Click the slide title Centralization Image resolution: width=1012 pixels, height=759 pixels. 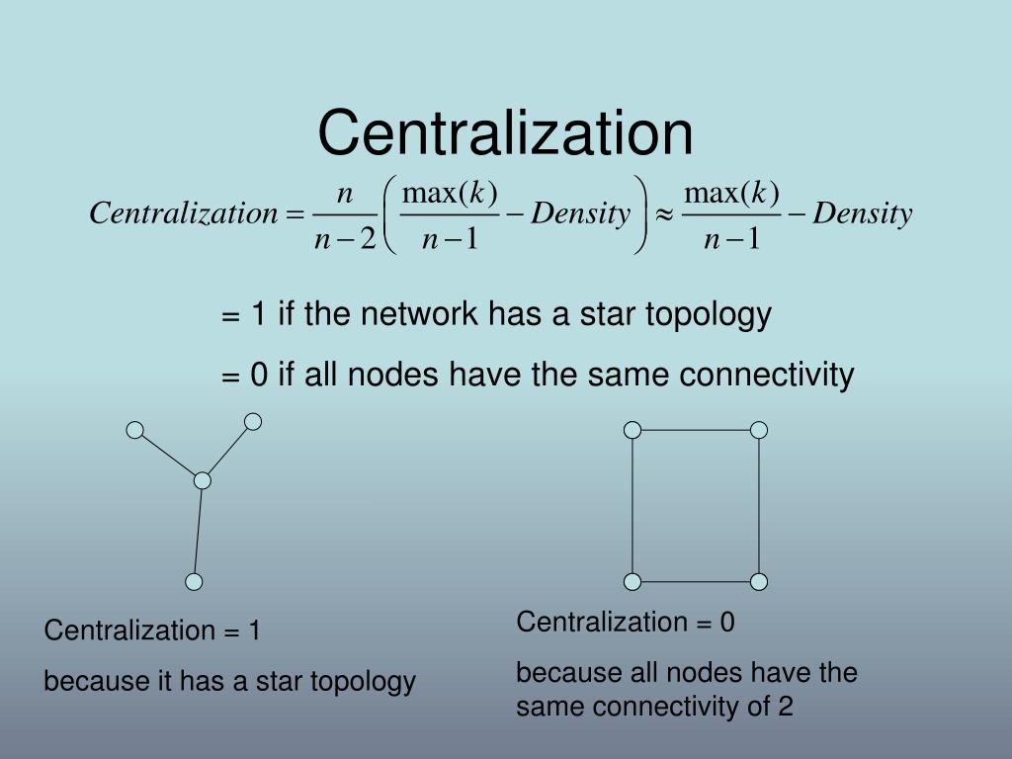tap(505, 132)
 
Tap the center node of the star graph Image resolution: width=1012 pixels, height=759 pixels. tap(203, 480)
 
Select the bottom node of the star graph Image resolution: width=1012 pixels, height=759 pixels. tap(195, 581)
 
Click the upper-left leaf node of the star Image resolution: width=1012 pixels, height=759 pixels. tap(135, 430)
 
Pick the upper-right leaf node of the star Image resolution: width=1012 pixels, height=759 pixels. tap(253, 422)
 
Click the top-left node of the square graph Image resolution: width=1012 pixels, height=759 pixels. tap(632, 429)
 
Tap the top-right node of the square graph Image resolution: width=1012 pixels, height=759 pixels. tap(759, 429)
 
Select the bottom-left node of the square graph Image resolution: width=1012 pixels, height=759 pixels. tap(632, 581)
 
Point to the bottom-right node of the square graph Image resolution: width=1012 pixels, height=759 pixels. tap(759, 581)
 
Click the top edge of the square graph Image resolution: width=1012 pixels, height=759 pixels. tap(696, 429)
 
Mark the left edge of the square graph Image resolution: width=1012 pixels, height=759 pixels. tap(632, 505)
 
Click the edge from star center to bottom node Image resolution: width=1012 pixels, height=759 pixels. tap(199, 531)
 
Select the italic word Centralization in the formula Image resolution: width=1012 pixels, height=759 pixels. tap(184, 213)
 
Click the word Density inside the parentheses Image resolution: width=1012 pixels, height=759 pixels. tap(580, 213)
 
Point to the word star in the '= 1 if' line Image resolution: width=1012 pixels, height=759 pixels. tap(607, 314)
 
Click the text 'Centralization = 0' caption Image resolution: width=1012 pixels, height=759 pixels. tap(626, 622)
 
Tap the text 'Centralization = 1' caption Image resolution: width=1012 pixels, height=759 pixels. tap(152, 631)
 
